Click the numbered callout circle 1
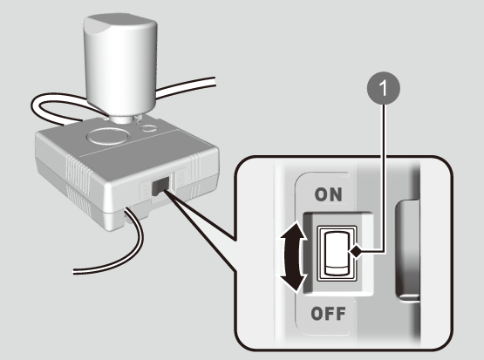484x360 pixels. [x=384, y=88]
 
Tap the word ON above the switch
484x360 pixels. [x=328, y=194]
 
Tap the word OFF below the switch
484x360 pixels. [x=328, y=314]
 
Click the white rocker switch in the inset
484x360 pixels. [x=337, y=253]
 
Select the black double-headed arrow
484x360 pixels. [x=293, y=256]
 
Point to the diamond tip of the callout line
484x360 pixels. [x=356, y=252]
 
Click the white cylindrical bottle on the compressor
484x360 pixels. [x=120, y=65]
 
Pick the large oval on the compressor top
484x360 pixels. [x=108, y=136]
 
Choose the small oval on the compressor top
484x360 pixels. [x=149, y=128]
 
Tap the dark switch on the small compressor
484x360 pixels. [x=160, y=186]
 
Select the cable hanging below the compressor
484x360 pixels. [x=124, y=254]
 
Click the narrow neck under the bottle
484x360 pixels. [x=122, y=119]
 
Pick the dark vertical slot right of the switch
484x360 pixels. [x=407, y=250]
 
